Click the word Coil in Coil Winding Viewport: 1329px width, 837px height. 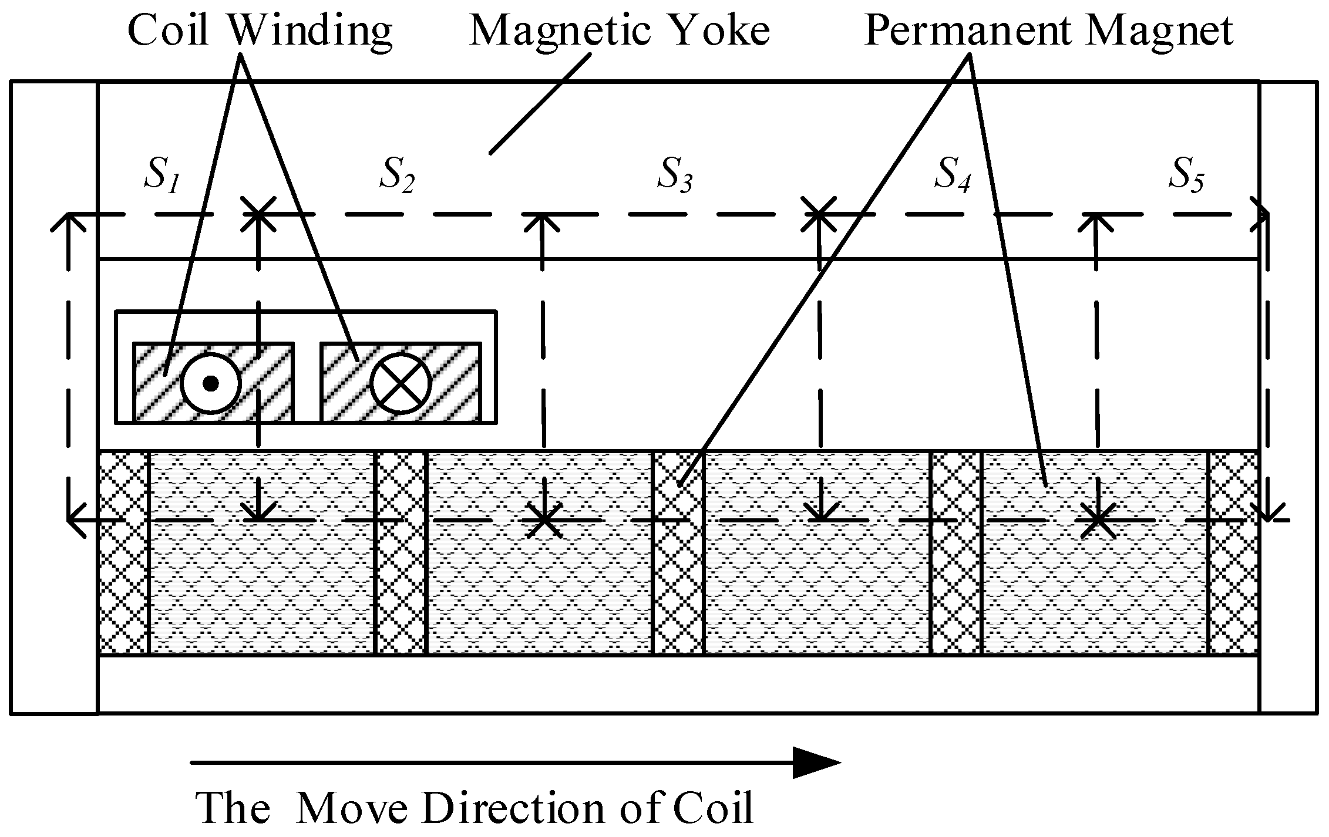169,31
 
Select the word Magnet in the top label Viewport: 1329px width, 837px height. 1159,31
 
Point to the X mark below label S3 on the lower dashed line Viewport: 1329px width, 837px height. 544,520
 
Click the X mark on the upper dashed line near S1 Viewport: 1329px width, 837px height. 258,214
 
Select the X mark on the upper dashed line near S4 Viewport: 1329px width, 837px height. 819,214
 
